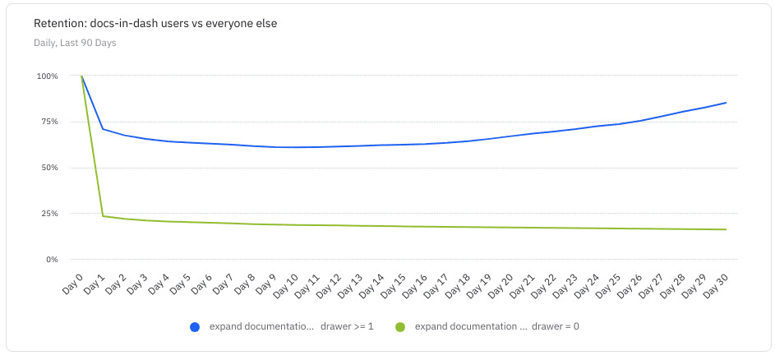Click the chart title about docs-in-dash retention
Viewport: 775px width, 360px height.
[x=155, y=24]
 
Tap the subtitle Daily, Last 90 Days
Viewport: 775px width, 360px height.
[x=75, y=43]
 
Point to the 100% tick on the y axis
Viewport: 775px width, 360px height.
[x=47, y=76]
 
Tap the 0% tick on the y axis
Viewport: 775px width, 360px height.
[x=51, y=260]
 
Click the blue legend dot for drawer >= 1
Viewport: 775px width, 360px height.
[x=195, y=327]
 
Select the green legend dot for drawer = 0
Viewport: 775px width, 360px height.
[x=400, y=327]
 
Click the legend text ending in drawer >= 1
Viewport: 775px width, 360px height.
[x=292, y=327]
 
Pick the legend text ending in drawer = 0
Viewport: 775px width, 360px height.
[x=497, y=327]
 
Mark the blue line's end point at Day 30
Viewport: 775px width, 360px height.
[x=726, y=103]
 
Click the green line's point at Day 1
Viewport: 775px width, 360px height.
[x=103, y=216]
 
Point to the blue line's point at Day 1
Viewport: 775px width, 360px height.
[x=103, y=129]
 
